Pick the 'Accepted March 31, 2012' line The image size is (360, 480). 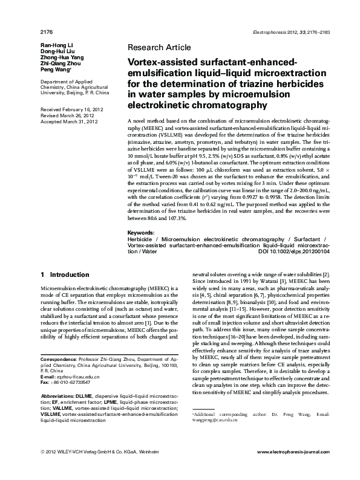tap(65, 121)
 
